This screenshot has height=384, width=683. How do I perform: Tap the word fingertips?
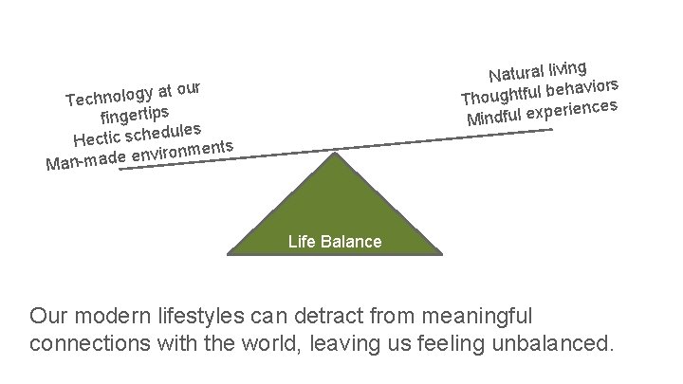(x=137, y=117)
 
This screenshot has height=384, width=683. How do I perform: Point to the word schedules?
(x=163, y=131)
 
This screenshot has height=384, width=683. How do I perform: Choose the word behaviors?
(x=582, y=87)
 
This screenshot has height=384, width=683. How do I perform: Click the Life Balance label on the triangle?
(x=334, y=242)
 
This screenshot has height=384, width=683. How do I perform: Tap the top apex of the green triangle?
(x=334, y=152)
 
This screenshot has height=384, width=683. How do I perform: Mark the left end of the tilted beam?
(x=120, y=170)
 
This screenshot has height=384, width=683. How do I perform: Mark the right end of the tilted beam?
(x=551, y=130)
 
